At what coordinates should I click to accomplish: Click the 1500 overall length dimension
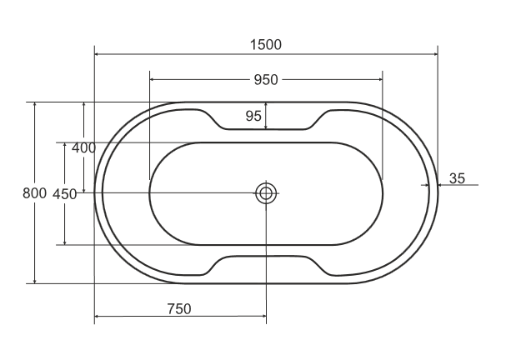pos(266,44)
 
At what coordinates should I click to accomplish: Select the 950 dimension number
pos(266,80)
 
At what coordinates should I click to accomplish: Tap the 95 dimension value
pos(253,116)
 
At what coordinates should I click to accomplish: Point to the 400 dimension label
pos(83,147)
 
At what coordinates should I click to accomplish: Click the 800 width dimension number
pos(34,193)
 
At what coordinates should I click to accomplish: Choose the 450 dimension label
pos(64,194)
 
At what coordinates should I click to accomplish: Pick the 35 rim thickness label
pos(458,178)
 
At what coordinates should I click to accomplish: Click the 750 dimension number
pos(179,308)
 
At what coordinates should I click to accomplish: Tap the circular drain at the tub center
pos(266,193)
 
